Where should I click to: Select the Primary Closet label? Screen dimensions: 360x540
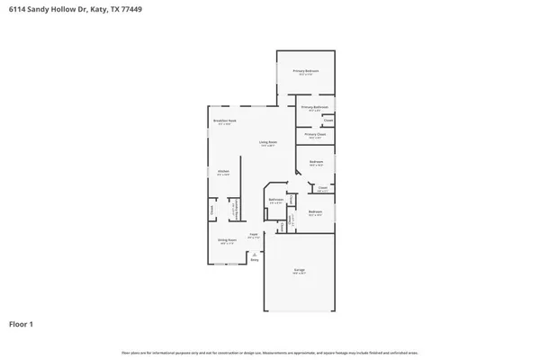click(315, 135)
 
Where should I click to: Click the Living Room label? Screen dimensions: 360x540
click(268, 142)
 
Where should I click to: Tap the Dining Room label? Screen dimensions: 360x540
click(227, 239)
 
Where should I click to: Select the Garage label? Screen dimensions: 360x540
click(298, 269)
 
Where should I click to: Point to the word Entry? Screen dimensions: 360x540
click(254, 260)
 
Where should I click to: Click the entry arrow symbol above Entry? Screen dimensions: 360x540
click(254, 253)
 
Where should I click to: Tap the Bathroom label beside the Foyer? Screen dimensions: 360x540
click(276, 200)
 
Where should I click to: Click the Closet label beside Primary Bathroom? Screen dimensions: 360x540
click(328, 120)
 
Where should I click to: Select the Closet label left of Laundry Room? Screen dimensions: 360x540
click(212, 211)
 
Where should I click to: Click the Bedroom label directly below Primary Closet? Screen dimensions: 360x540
click(315, 164)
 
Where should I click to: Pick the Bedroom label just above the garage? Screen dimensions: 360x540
click(315, 212)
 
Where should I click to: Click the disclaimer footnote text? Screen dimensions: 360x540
click(270, 352)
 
